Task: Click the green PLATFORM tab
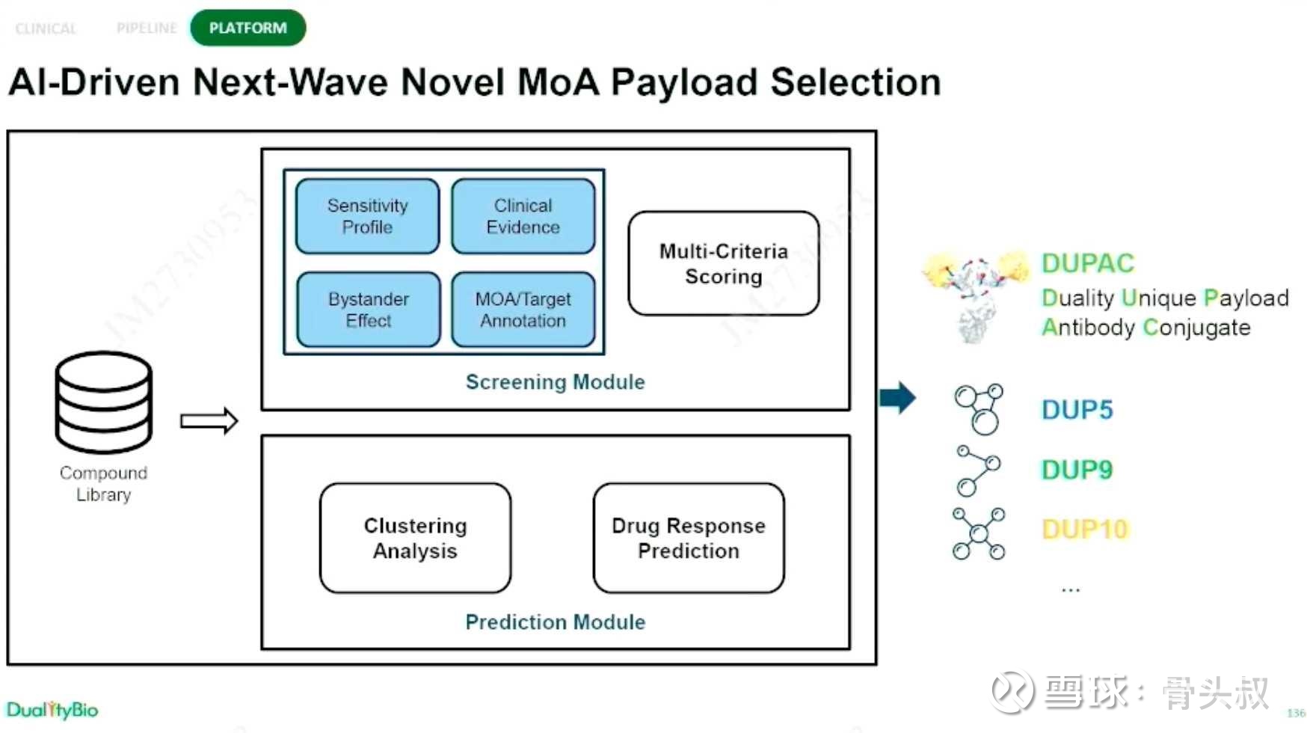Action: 247,28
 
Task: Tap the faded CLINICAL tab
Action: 46,28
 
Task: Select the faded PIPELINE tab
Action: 147,28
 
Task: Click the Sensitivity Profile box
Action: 367,216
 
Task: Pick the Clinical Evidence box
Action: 523,216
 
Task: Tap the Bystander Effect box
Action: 368,310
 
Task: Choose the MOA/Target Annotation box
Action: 523,310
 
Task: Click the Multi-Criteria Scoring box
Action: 723,263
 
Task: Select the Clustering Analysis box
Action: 415,538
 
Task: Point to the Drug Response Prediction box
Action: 688,538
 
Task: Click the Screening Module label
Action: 555,382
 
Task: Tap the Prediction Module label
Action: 555,622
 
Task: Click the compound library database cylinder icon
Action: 103,402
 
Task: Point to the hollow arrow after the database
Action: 209,421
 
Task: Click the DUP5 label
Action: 1077,410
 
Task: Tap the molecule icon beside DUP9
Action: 978,470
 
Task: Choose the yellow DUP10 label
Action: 1084,530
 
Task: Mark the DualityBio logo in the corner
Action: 52,710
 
